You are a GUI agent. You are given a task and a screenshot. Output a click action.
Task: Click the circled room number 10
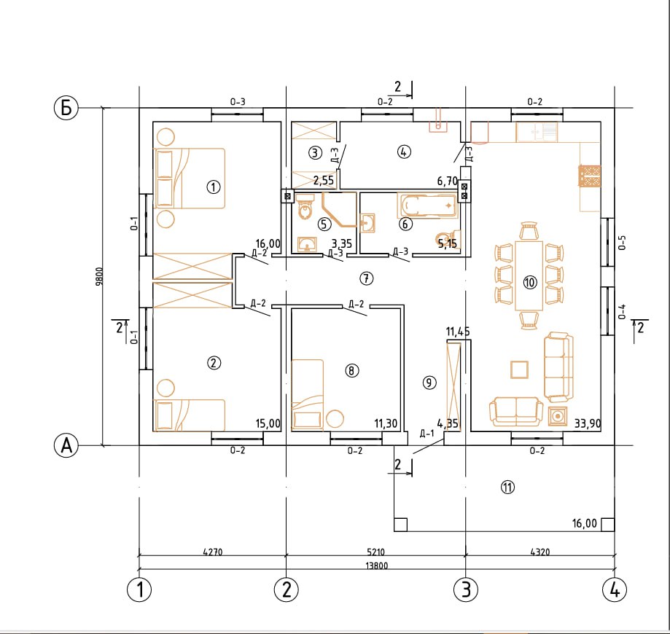click(x=530, y=283)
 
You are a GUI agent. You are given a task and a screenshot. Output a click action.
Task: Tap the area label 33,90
click(x=588, y=423)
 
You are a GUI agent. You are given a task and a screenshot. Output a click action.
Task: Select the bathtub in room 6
click(x=427, y=206)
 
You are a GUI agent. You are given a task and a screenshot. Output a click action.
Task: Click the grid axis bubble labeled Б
click(x=66, y=108)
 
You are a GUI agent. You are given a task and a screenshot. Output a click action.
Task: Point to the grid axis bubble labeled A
click(x=66, y=445)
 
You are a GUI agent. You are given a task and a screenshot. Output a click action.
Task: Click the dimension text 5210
click(x=375, y=552)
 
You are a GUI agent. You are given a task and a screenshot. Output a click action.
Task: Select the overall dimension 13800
click(x=377, y=565)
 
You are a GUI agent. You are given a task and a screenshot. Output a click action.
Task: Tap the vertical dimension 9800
click(x=99, y=276)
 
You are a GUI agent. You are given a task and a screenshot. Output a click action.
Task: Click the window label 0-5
click(x=622, y=243)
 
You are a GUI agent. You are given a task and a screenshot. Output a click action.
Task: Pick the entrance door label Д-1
click(x=427, y=434)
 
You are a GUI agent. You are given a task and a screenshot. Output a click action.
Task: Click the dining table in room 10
click(x=529, y=275)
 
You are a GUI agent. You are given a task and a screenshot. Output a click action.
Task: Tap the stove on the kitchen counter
click(x=590, y=176)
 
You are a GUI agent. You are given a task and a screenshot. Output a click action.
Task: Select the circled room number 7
click(x=366, y=278)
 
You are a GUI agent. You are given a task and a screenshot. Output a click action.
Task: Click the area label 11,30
click(x=386, y=423)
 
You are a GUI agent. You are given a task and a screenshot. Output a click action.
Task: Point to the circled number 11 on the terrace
click(x=507, y=487)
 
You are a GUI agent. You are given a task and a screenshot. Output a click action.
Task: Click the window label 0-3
click(x=238, y=102)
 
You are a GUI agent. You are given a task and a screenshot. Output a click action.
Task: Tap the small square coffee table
click(x=520, y=369)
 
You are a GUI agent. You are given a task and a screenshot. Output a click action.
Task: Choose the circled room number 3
click(x=316, y=152)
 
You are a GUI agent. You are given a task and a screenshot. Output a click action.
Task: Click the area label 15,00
click(x=268, y=423)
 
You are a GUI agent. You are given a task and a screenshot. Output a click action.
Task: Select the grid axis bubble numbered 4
click(x=615, y=590)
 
